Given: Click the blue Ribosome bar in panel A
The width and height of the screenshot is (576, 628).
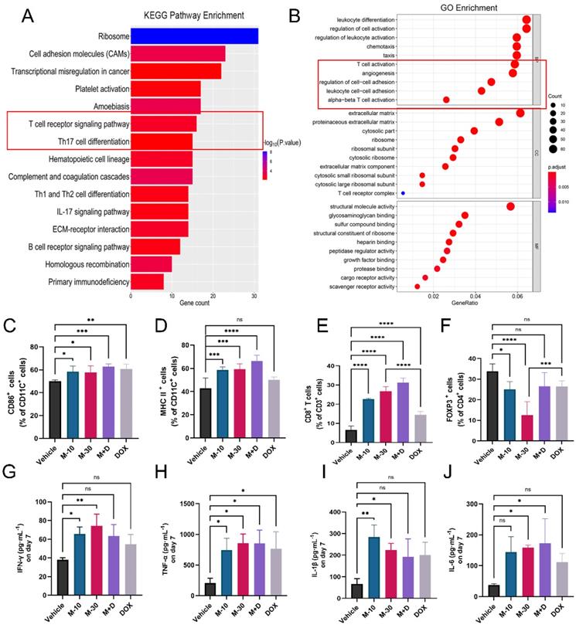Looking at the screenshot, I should tap(193, 36).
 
